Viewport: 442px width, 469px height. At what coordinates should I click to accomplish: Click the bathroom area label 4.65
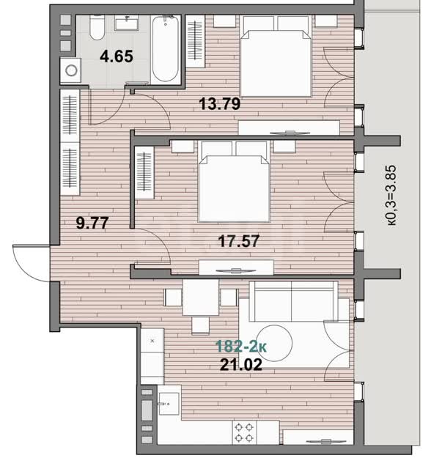point(117,56)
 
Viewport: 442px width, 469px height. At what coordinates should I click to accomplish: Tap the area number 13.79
point(220,104)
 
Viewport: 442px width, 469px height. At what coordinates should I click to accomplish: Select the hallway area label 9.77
point(92,223)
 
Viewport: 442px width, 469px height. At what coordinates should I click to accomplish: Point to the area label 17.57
point(238,241)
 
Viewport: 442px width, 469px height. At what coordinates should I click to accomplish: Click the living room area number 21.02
point(241,365)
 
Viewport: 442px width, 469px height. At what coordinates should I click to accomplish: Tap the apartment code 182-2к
point(241,347)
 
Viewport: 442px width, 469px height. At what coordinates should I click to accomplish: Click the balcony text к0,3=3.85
point(391,195)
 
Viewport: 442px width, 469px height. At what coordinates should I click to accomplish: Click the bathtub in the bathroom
point(166,49)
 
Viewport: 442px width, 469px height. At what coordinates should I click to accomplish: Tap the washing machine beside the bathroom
point(70,70)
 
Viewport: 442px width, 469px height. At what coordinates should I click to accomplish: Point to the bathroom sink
point(127,23)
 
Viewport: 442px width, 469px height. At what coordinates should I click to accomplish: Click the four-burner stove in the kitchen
point(245,432)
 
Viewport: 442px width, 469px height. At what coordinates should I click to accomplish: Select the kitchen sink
point(169,404)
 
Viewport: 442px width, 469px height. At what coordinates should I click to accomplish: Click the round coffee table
point(275,343)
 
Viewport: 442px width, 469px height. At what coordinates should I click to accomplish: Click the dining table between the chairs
point(201,298)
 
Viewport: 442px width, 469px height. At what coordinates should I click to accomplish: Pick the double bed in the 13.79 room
point(276,56)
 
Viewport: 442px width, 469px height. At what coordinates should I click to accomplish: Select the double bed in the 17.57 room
point(235,182)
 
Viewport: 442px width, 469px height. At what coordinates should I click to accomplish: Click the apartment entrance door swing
point(32,263)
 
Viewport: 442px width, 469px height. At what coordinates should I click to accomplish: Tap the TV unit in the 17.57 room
point(236,267)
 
